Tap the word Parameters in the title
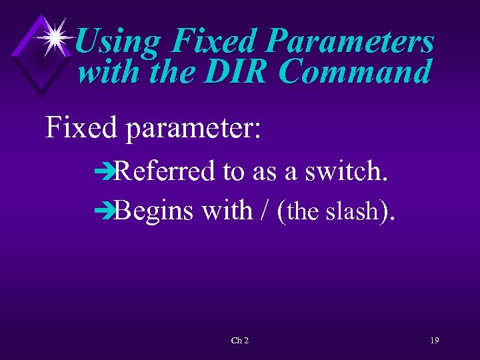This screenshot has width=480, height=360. point(350,42)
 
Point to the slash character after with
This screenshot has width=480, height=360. point(266,211)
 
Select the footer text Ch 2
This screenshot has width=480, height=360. point(240,341)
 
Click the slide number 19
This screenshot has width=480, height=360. point(434,341)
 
